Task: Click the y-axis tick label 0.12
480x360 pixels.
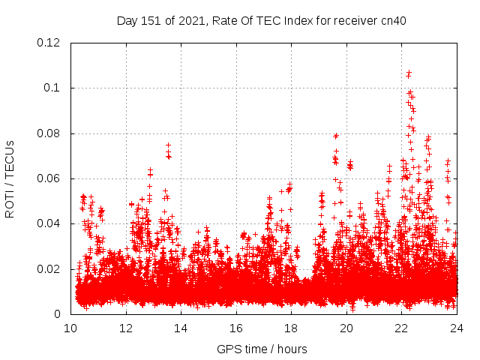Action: click(50, 43)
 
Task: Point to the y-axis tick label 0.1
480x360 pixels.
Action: click(53, 88)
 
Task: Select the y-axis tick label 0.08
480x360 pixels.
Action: click(50, 133)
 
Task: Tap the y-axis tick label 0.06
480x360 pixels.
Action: click(50, 178)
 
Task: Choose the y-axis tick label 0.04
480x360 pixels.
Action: click(50, 223)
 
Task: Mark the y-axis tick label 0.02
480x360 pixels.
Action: click(50, 269)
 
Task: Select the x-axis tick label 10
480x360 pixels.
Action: click(70, 328)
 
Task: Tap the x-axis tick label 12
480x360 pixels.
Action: click(126, 328)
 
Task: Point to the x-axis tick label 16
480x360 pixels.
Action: click(236, 328)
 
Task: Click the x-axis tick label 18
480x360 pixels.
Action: click(291, 328)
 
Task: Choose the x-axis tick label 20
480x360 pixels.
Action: click(346, 328)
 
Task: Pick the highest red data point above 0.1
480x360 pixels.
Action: click(409, 73)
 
